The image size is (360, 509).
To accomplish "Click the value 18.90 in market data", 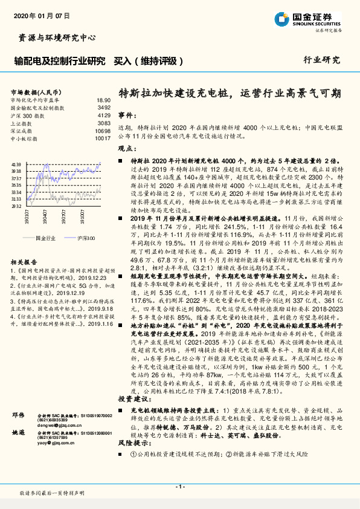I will (x=104, y=100).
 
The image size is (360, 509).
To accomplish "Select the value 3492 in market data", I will (x=104, y=108).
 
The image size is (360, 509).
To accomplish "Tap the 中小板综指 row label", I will (x=25, y=138).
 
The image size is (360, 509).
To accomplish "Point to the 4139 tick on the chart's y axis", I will (x=16, y=164).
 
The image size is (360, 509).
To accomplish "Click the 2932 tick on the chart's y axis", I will (x=16, y=206).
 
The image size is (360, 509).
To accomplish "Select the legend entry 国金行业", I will (x=45, y=238).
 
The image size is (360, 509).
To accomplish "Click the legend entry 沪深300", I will (x=87, y=238).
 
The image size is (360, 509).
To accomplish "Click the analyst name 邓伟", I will (x=18, y=400).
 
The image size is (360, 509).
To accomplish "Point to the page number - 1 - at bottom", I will (x=179, y=487).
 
